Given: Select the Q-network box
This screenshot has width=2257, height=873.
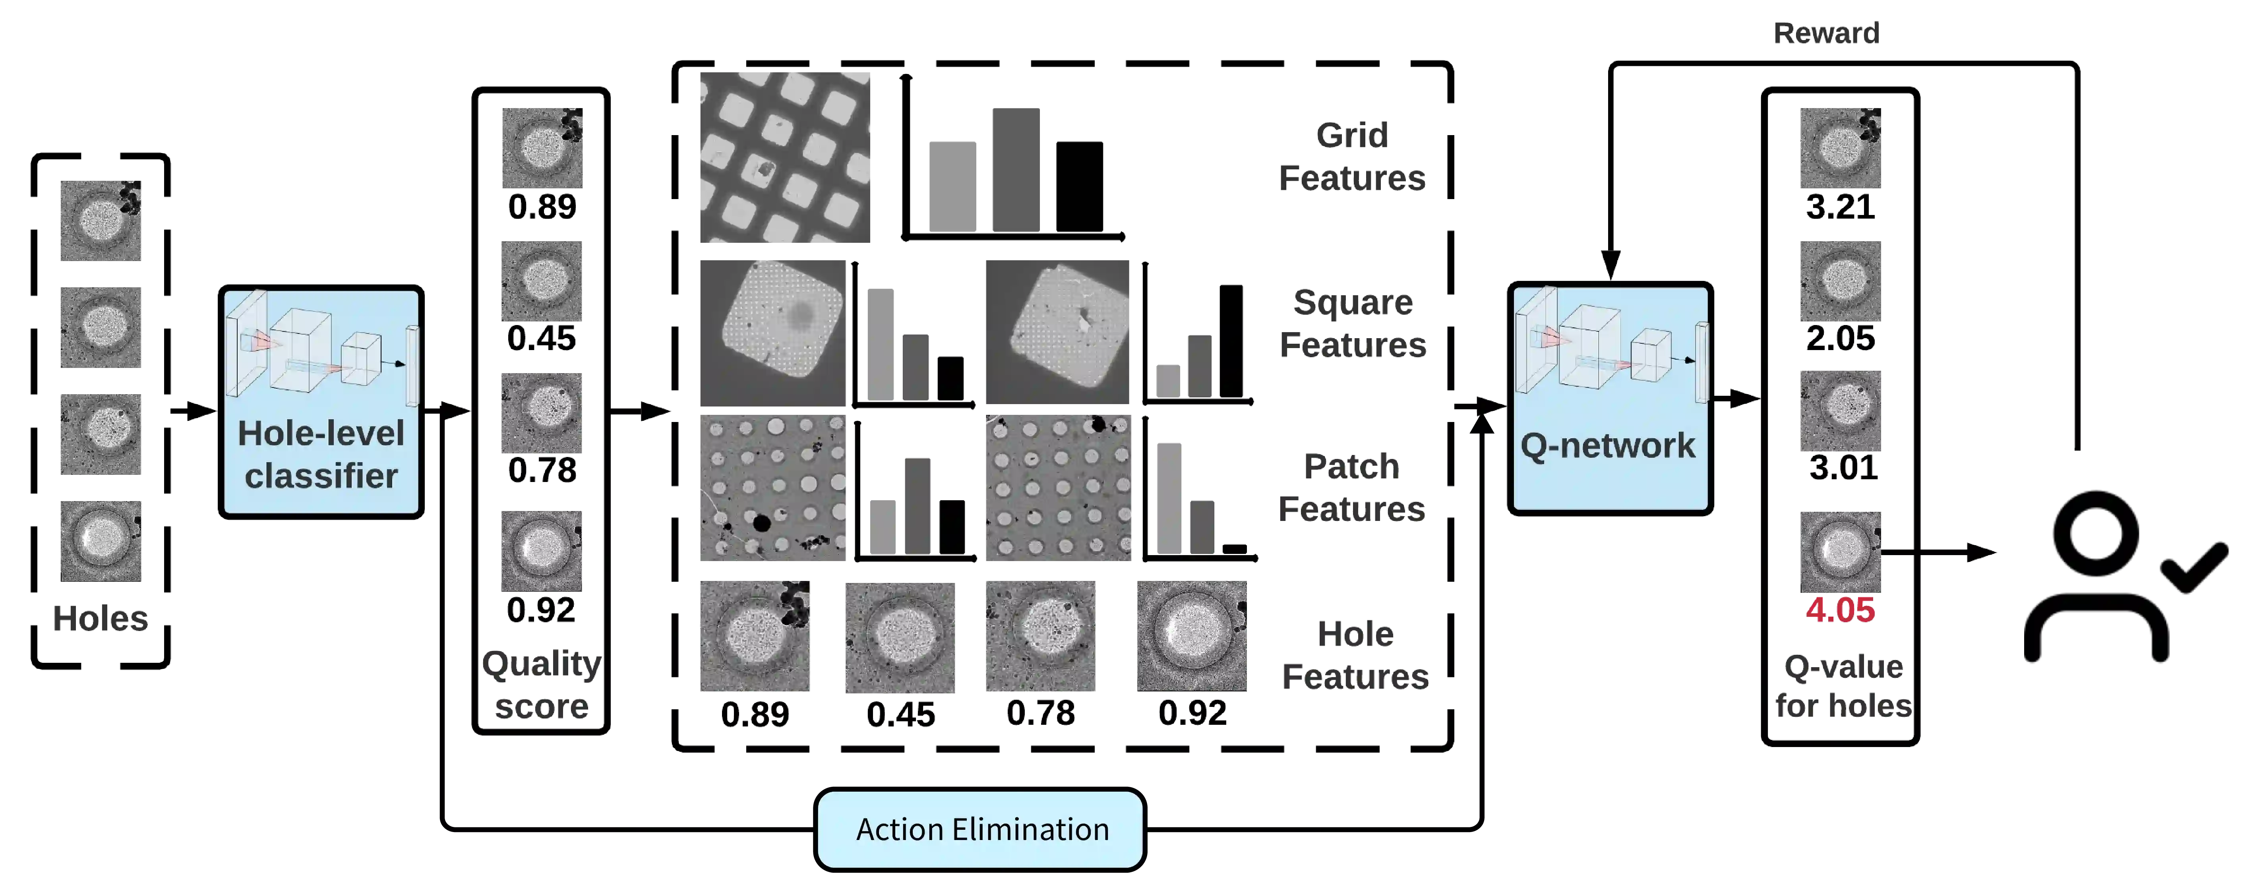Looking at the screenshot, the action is coord(1610,399).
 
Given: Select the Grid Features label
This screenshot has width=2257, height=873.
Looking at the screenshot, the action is coord(1352,156).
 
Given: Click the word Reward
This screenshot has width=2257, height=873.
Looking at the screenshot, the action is coord(1825,33).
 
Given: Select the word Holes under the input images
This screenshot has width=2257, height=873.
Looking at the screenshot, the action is coord(101,619).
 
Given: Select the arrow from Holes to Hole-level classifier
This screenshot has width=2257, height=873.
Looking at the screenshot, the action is coord(193,411).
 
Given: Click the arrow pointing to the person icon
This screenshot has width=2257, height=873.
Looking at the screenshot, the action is coord(1941,552).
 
